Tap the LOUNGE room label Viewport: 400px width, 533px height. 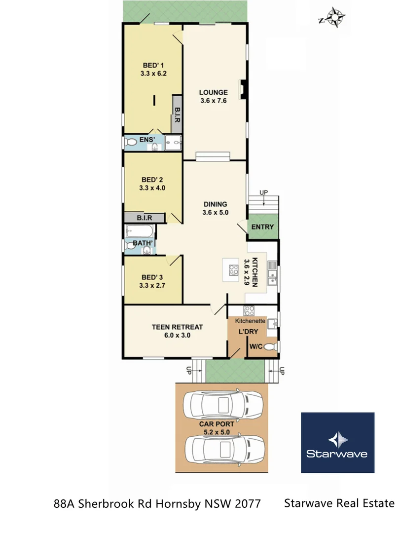click(x=214, y=92)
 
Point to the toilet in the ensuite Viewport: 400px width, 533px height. click(x=130, y=143)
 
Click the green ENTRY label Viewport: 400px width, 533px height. click(x=262, y=227)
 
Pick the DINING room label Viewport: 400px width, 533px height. click(x=215, y=204)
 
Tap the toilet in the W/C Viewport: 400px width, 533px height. click(x=270, y=347)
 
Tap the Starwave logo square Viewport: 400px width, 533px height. click(x=337, y=443)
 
